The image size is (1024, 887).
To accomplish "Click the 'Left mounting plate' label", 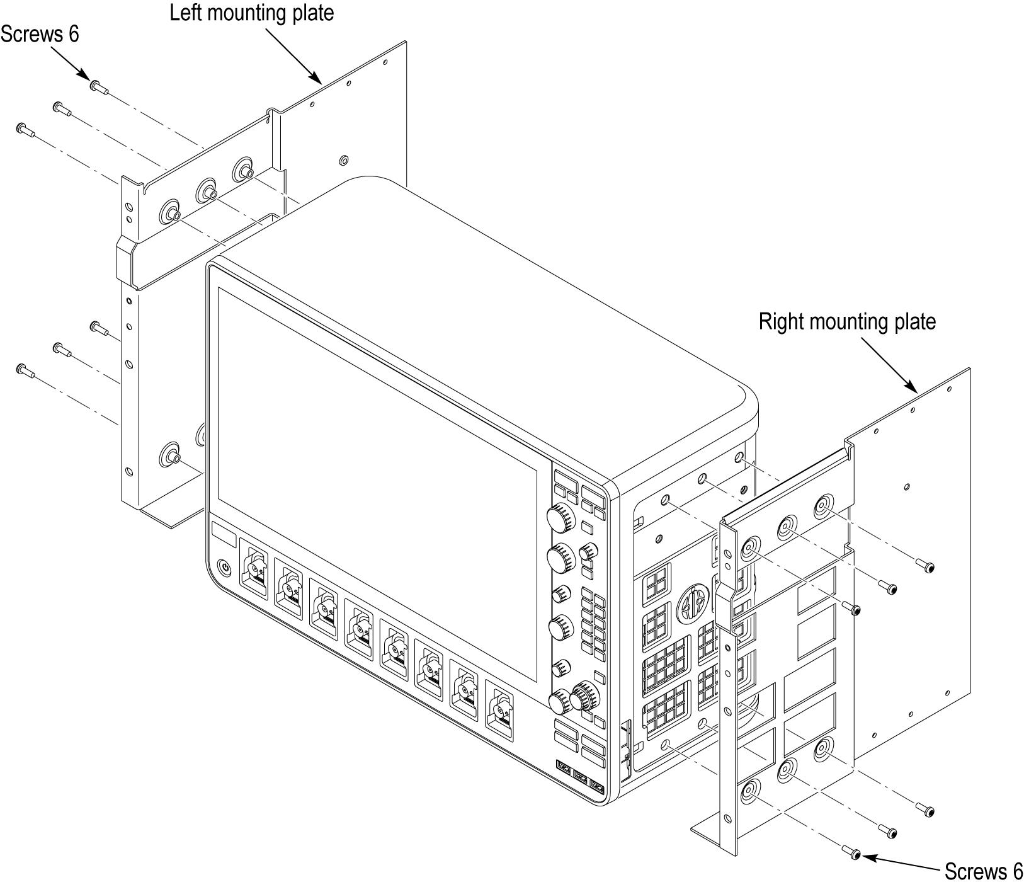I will coord(251,13).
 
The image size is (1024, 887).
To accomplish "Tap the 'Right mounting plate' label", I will coord(846,322).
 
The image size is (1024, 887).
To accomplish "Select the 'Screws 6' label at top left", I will coord(40,34).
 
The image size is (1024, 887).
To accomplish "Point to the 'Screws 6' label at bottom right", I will coord(983,871).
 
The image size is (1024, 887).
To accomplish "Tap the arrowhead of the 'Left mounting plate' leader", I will coord(320,81).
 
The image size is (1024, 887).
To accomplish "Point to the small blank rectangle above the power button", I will coord(224,537).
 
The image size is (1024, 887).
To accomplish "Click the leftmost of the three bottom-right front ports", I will coord(563,769).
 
